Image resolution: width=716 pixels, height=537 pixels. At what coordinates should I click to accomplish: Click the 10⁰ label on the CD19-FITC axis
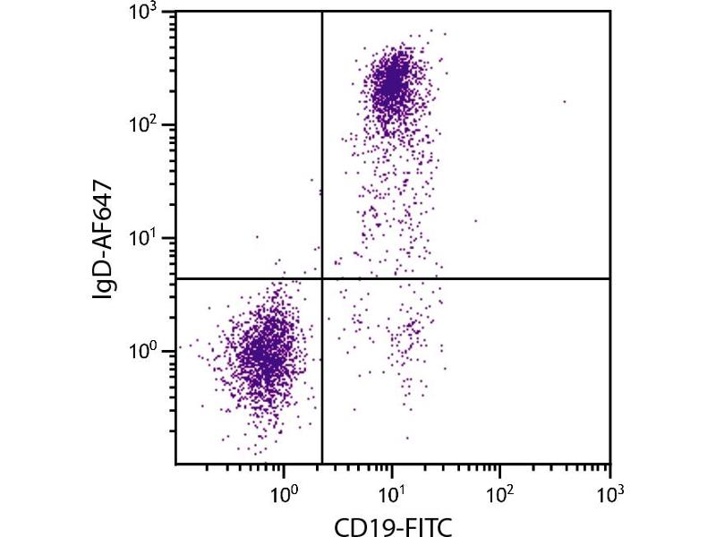[x=285, y=490]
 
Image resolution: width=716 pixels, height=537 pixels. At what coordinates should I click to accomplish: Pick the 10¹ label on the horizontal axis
[x=393, y=490]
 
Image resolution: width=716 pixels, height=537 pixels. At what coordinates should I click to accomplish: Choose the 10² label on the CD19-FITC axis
[x=501, y=490]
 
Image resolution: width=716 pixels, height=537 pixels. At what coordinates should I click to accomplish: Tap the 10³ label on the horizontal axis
[x=609, y=490]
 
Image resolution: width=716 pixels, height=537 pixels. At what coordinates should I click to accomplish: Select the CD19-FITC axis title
[x=392, y=524]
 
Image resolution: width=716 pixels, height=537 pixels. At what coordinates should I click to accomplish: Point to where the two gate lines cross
[x=321, y=279]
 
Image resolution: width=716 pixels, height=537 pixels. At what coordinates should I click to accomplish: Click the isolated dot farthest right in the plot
[x=564, y=101]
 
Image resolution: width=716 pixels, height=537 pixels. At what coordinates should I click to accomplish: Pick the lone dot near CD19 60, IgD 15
[x=475, y=220]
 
